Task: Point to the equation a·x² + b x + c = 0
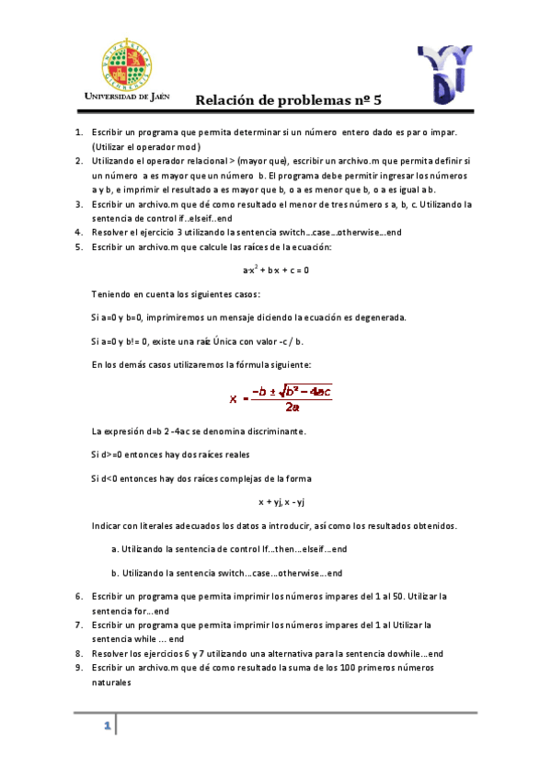point(275,270)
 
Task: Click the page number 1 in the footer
point(108,726)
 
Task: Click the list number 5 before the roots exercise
point(78,247)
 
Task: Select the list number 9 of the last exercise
point(78,667)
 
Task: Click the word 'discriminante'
point(276,431)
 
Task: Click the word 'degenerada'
point(380,317)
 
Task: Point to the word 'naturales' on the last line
point(111,682)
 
